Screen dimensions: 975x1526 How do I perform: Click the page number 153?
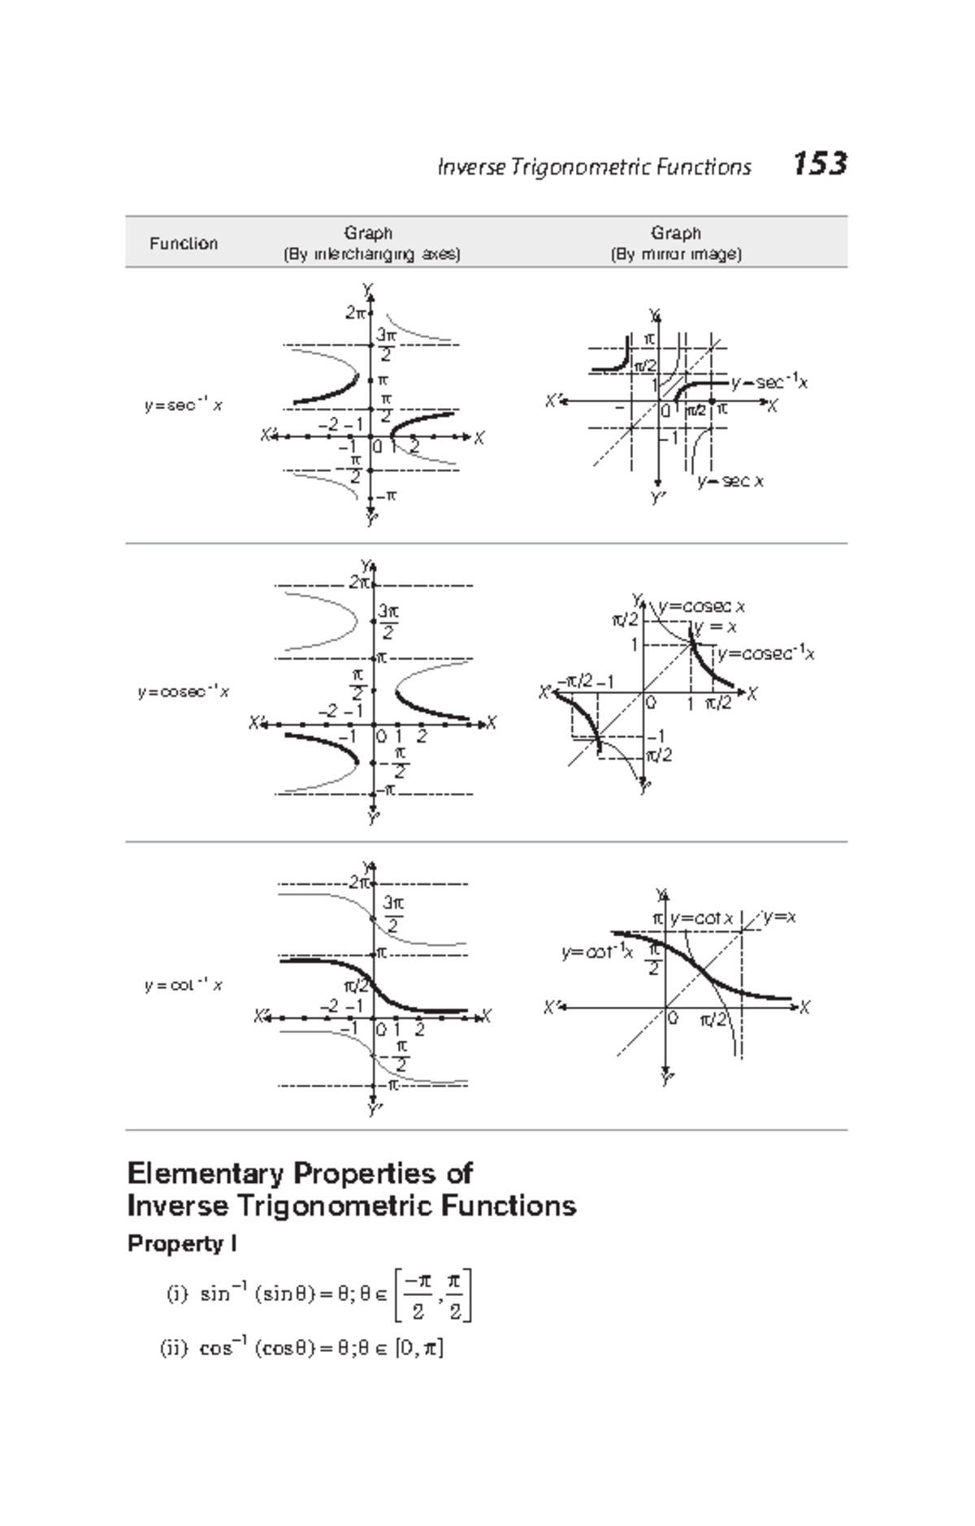pyautogui.click(x=820, y=164)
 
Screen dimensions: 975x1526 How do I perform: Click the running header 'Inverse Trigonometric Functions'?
pyautogui.click(x=594, y=167)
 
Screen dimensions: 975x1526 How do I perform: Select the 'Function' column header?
pyautogui.click(x=183, y=243)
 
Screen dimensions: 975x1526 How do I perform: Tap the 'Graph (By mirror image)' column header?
pyautogui.click(x=675, y=243)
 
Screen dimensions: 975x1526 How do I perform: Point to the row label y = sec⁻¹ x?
pyautogui.click(x=183, y=405)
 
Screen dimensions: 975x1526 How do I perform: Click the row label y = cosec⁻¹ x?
pyautogui.click(x=183, y=692)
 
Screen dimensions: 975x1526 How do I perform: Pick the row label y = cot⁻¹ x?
pyautogui.click(x=183, y=986)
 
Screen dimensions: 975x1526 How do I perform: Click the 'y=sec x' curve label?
pyautogui.click(x=730, y=481)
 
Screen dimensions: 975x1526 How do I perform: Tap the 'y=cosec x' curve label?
pyautogui.click(x=702, y=606)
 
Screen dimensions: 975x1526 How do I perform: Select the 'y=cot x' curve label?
pyautogui.click(x=701, y=918)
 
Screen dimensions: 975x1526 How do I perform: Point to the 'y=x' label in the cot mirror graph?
pyautogui.click(x=780, y=917)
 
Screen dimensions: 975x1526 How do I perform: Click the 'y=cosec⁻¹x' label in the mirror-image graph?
pyautogui.click(x=765, y=653)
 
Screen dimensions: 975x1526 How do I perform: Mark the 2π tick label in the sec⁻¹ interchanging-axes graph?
pyautogui.click(x=355, y=313)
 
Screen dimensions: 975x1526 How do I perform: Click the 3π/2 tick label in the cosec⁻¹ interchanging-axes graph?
pyautogui.click(x=388, y=621)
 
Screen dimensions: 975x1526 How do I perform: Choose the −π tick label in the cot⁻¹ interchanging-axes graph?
pyautogui.click(x=390, y=1085)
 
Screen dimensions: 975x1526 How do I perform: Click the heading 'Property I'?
pyautogui.click(x=182, y=1244)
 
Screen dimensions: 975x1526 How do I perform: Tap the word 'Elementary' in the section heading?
pyautogui.click(x=206, y=1173)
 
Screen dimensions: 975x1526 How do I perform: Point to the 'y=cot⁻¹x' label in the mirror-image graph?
pyautogui.click(x=596, y=952)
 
